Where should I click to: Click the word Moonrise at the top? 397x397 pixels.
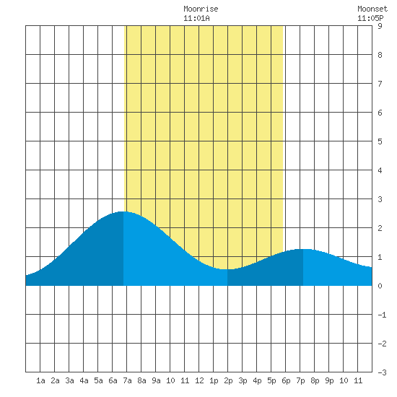pyautogui.click(x=201, y=9)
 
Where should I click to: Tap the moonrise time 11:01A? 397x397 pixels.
pyautogui.click(x=197, y=18)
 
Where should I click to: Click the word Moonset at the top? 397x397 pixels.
pyautogui.click(x=372, y=9)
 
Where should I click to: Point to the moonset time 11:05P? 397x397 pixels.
pyautogui.click(x=370, y=18)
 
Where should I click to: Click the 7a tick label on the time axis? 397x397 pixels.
pyautogui.click(x=127, y=380)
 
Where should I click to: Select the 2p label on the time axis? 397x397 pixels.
pyautogui.click(x=228, y=380)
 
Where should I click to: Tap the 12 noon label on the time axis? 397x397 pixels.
pyautogui.click(x=199, y=380)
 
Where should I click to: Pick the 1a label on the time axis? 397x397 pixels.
pyautogui.click(x=40, y=380)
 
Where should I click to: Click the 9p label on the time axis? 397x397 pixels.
pyautogui.click(x=329, y=380)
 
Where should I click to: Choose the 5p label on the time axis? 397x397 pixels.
pyautogui.click(x=271, y=380)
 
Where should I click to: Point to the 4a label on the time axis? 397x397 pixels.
pyautogui.click(x=84, y=380)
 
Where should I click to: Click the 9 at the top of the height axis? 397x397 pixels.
pyautogui.click(x=380, y=26)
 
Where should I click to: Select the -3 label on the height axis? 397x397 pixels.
pyautogui.click(x=382, y=372)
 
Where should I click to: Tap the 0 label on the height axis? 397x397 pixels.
pyautogui.click(x=380, y=286)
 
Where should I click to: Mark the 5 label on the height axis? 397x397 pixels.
pyautogui.click(x=380, y=141)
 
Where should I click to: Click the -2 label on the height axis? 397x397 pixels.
pyautogui.click(x=382, y=344)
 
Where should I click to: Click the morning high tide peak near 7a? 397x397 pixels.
pyautogui.click(x=123, y=211)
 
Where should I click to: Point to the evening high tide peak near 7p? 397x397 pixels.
pyautogui.click(x=303, y=249)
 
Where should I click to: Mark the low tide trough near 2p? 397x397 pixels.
pyautogui.click(x=227, y=269)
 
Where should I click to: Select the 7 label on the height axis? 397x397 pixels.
pyautogui.click(x=380, y=84)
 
